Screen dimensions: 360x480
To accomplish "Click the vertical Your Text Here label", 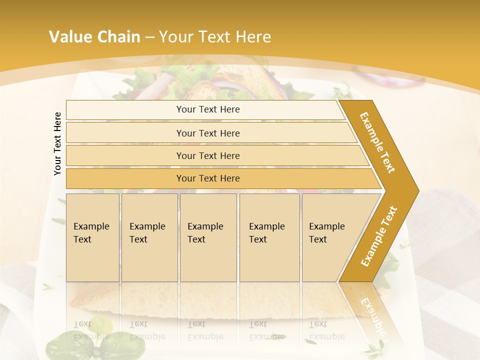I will pyautogui.click(x=57, y=143).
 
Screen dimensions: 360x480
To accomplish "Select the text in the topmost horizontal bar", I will pyautogui.click(x=208, y=109).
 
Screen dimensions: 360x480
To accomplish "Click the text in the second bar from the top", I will pyautogui.click(x=208, y=133).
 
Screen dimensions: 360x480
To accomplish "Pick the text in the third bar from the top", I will pyautogui.click(x=208, y=155).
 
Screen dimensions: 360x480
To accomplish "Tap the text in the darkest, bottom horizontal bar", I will pyautogui.click(x=208, y=178).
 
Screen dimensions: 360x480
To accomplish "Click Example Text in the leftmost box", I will pyautogui.click(x=91, y=233).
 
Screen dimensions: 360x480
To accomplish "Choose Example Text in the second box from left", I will pyautogui.click(x=147, y=233).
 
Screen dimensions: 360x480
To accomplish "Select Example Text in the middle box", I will pyautogui.click(x=205, y=233).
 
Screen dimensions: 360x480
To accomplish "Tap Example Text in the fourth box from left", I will pyautogui.click(x=266, y=233).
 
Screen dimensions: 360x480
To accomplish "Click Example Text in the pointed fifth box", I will pyautogui.click(x=326, y=233).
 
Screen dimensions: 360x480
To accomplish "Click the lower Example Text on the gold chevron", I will pyautogui.click(x=379, y=236).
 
